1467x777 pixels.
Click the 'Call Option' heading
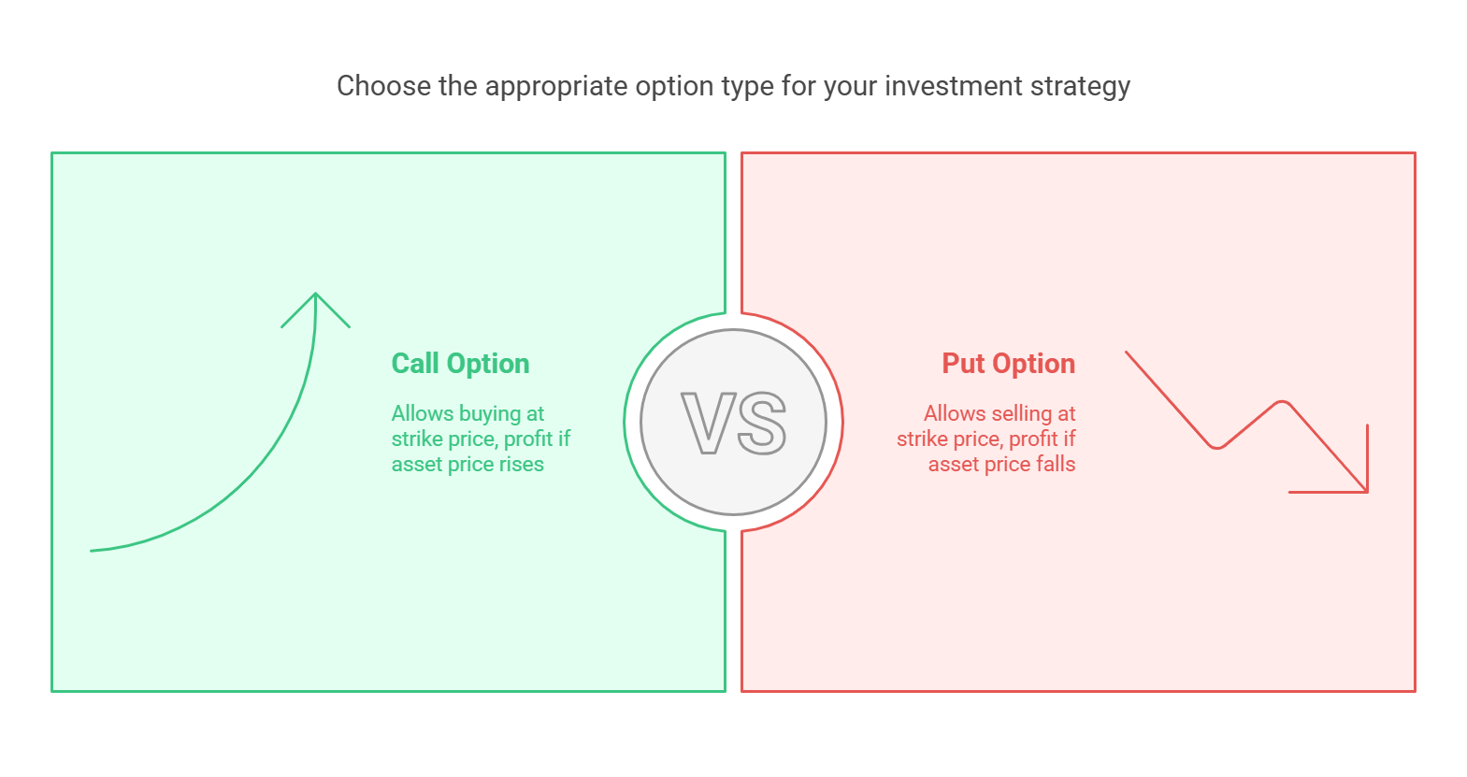460,364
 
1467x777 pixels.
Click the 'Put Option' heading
1009,364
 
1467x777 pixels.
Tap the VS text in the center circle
733,423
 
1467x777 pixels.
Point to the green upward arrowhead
316,309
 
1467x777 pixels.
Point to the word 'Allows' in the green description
423,414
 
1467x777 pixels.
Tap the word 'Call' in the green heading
415,364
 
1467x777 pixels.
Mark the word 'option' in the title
674,87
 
